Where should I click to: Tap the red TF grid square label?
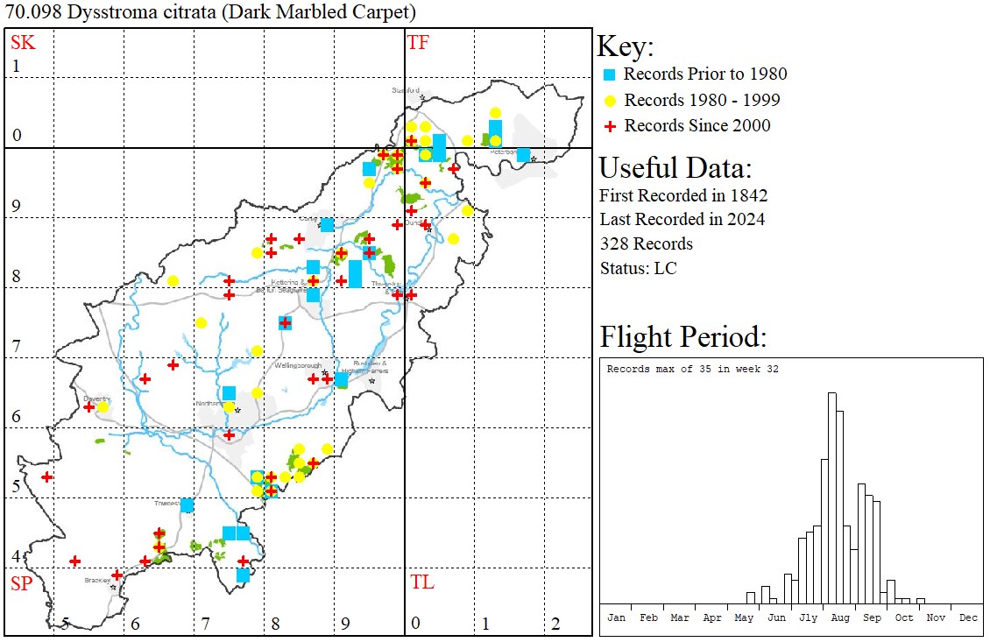point(418,42)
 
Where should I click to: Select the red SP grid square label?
point(21,583)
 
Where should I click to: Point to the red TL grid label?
point(422,582)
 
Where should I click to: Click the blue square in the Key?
point(610,74)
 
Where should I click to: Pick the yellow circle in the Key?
point(610,100)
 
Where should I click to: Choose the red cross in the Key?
point(610,126)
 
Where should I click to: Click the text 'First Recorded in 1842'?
point(671,194)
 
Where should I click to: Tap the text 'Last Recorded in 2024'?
point(682,219)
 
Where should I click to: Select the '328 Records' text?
point(646,243)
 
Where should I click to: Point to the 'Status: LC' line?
point(638,268)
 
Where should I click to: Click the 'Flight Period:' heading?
point(682,336)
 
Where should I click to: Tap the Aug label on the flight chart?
point(840,617)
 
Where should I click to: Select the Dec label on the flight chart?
point(968,617)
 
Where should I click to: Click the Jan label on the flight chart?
point(616,617)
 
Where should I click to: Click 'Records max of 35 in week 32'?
point(692,369)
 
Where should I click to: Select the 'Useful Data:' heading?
point(675,167)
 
